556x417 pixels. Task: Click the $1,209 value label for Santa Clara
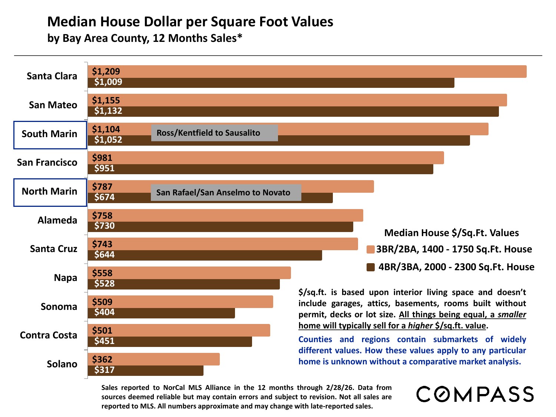click(x=106, y=72)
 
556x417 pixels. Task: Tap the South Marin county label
click(x=50, y=134)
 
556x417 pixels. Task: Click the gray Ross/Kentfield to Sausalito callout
click(x=214, y=133)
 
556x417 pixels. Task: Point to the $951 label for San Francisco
click(x=105, y=169)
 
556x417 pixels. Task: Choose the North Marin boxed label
click(x=50, y=192)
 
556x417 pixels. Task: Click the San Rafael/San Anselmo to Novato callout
click(x=226, y=193)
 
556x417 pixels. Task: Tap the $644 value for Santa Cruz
click(x=105, y=255)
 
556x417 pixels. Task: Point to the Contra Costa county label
click(x=49, y=335)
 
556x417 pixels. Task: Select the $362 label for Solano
click(x=102, y=360)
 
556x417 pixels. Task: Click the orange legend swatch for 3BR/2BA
click(x=371, y=249)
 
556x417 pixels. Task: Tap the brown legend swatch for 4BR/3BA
click(x=371, y=267)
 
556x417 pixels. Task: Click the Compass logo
click(x=475, y=394)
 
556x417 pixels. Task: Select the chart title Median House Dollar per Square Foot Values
click(x=190, y=22)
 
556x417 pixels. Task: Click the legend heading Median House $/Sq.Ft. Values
click(x=451, y=233)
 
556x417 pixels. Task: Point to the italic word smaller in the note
click(x=512, y=315)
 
